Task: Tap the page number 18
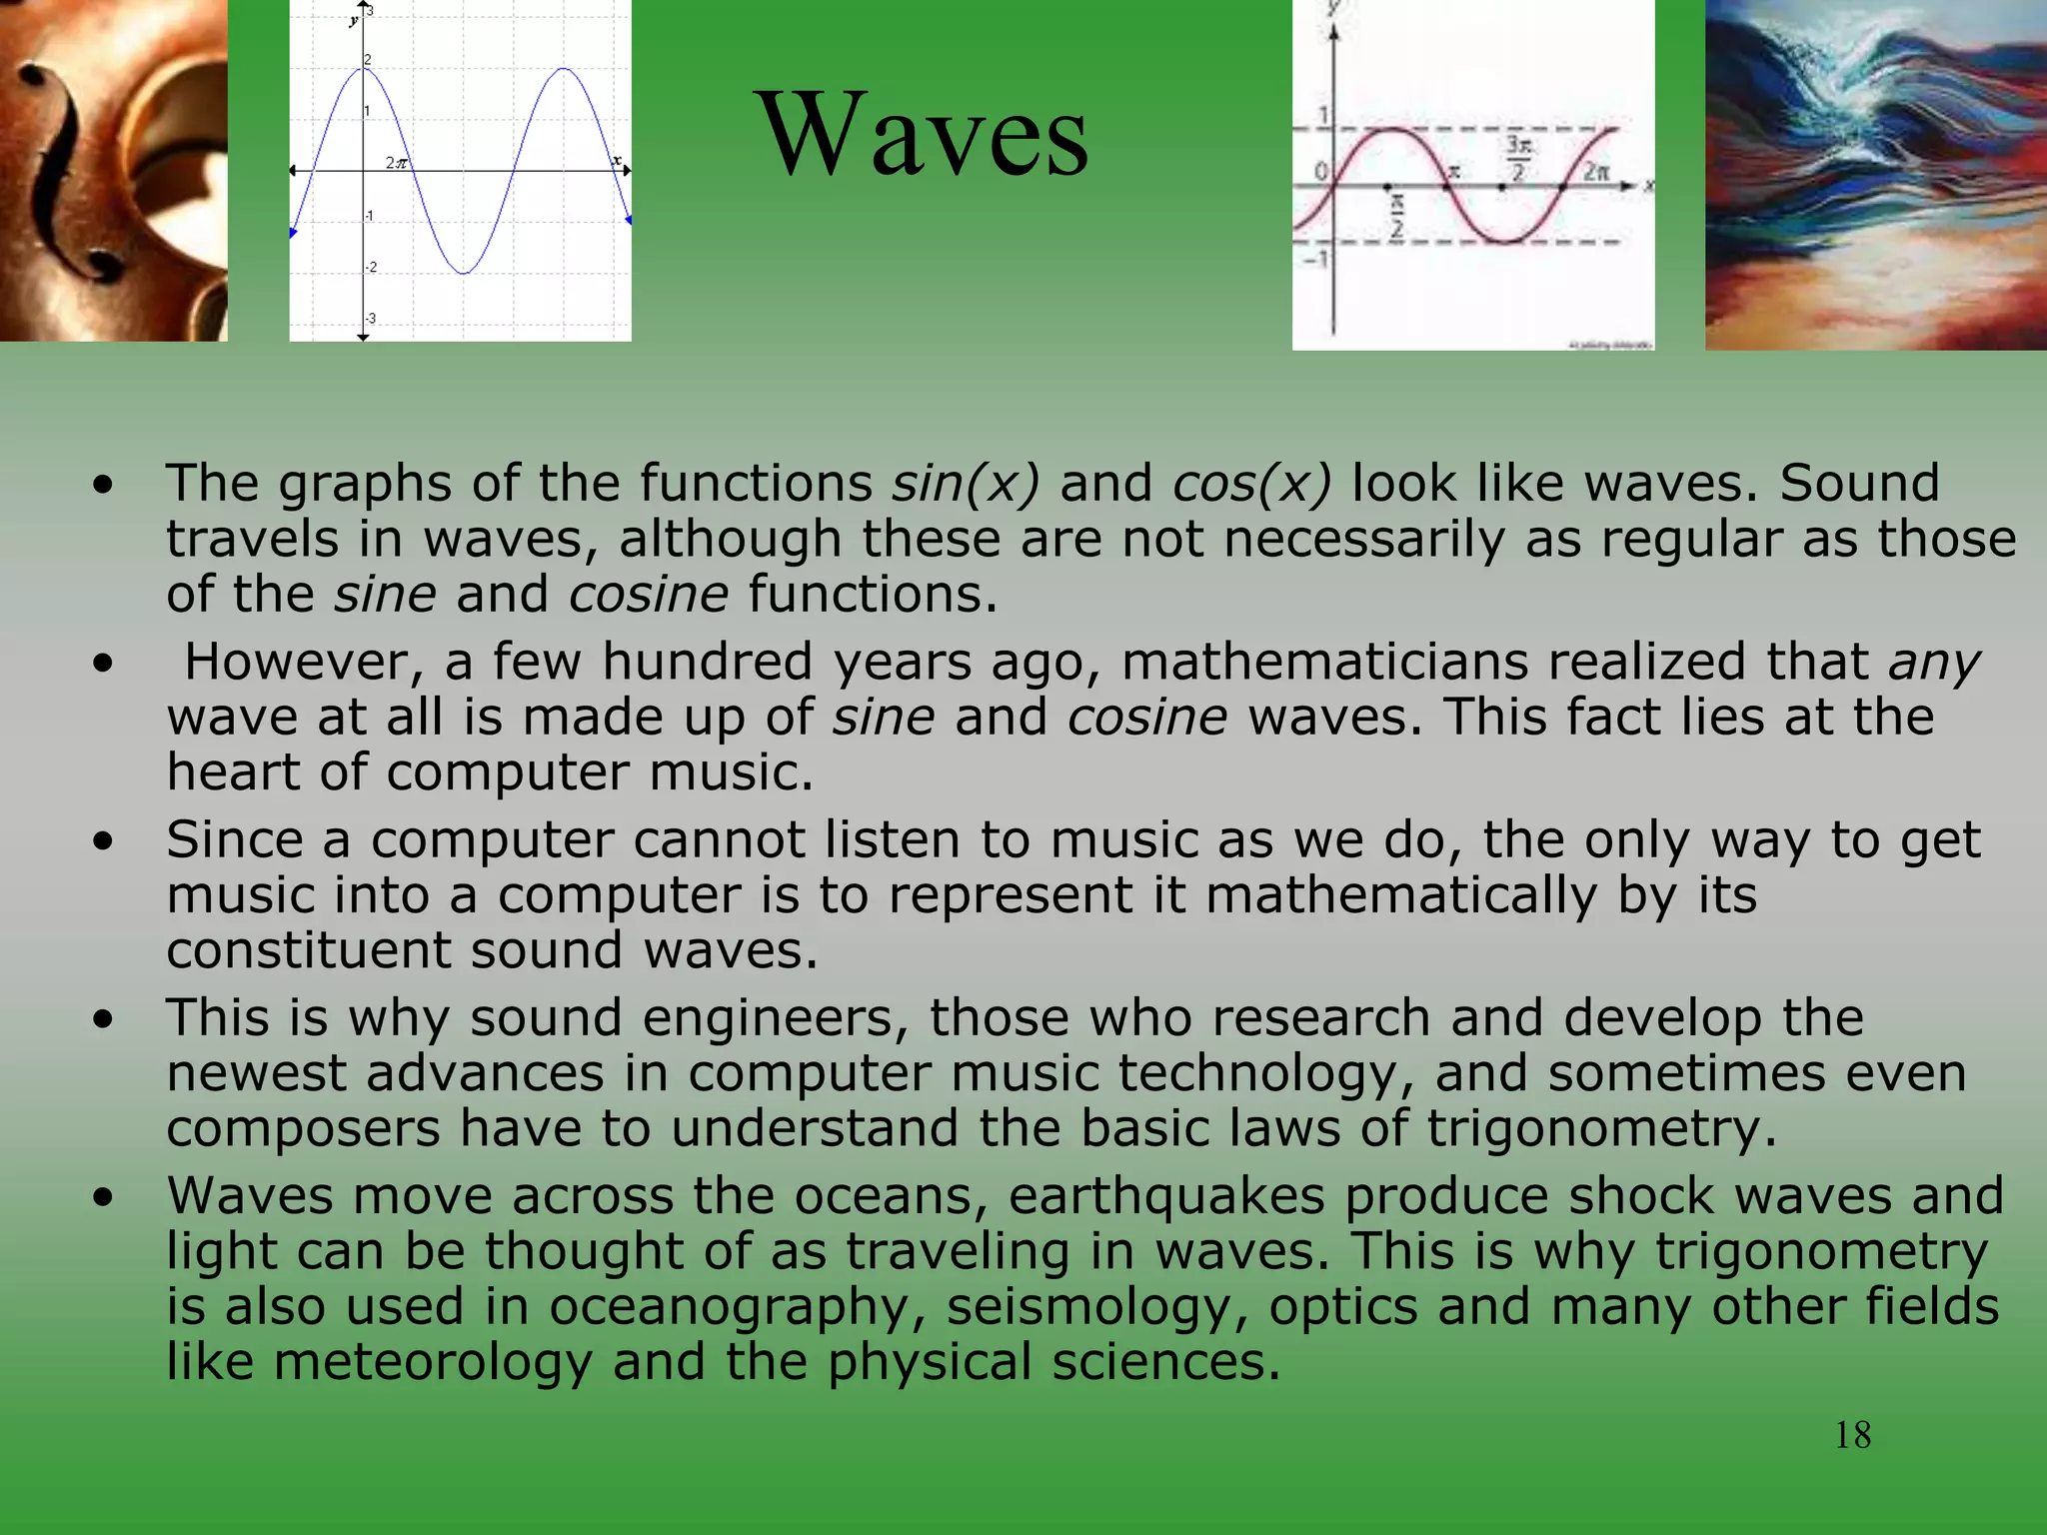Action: coord(1852,1435)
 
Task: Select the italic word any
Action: coord(1934,662)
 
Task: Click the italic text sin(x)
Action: coord(966,483)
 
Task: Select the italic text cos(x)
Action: coord(1251,483)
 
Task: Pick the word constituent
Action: coord(308,949)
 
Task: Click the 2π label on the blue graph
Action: coord(396,162)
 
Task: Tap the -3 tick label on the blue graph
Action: coord(371,319)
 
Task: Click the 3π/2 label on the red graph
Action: coord(1518,159)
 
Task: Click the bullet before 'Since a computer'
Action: coord(103,841)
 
